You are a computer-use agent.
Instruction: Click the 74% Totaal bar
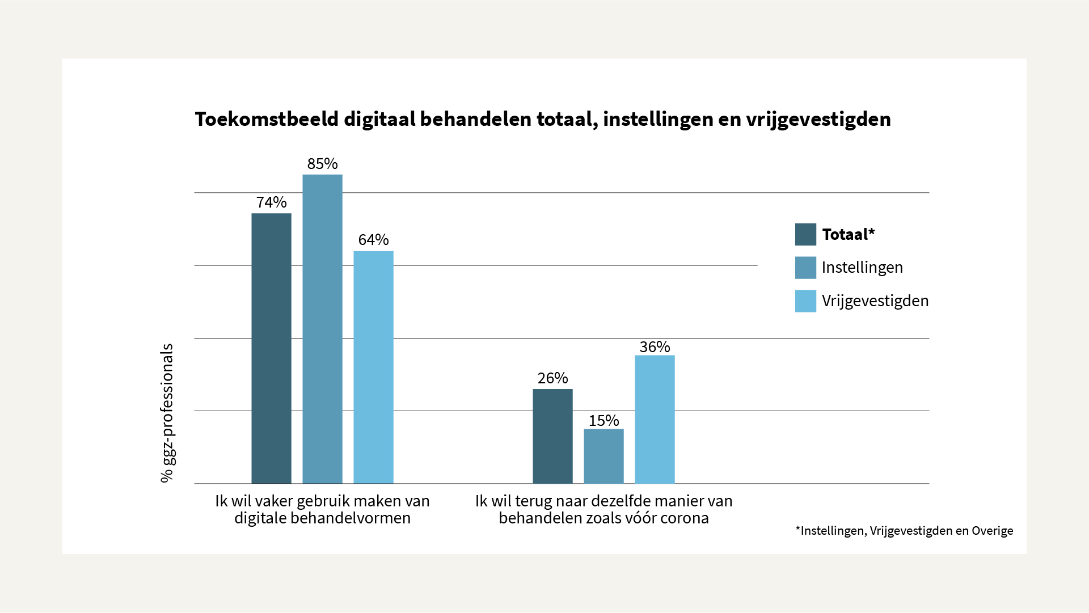pos(271,348)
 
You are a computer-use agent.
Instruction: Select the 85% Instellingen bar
pos(322,329)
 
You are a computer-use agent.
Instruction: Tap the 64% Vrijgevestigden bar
pos(373,367)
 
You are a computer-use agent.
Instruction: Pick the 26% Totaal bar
pos(552,436)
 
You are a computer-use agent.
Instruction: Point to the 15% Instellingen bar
pos(603,456)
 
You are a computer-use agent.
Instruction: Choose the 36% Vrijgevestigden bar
pos(655,419)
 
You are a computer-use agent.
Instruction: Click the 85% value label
pos(322,164)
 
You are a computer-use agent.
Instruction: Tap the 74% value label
pos(271,202)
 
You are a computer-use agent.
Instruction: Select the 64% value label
pos(373,240)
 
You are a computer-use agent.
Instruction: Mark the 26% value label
pos(552,378)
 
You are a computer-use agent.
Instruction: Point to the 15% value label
pos(603,421)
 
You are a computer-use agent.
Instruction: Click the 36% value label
pos(655,347)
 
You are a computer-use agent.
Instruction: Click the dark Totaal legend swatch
pos(805,234)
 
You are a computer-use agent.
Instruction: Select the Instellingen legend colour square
pos(805,268)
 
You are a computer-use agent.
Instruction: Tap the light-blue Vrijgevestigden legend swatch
pos(805,301)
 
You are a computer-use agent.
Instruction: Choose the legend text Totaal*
pos(848,234)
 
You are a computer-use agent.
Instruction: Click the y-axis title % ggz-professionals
pos(167,413)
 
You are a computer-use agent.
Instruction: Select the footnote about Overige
pos(904,531)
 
